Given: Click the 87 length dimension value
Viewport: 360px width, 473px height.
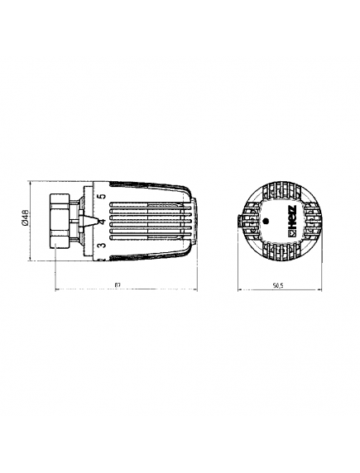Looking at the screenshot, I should pos(120,286).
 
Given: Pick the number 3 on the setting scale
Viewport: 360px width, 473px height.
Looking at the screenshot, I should pos(100,246).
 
